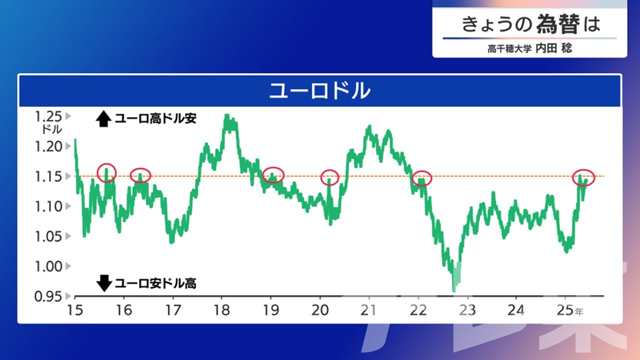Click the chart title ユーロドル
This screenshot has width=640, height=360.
tap(319, 91)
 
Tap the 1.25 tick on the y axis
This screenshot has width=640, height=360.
tap(48, 116)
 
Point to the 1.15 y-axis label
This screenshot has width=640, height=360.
tap(48, 176)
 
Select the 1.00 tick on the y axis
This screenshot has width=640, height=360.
tap(48, 266)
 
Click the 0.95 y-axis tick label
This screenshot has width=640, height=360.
tap(48, 296)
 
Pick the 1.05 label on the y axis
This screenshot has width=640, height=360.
tap(48, 236)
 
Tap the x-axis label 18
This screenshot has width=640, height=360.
tap(221, 310)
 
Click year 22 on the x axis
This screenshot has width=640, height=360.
tap(418, 310)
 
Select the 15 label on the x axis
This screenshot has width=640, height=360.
tap(75, 310)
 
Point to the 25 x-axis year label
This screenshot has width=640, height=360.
tap(565, 310)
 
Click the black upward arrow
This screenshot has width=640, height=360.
tap(103, 118)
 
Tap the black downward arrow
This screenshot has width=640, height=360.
tap(104, 283)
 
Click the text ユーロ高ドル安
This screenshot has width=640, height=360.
tap(155, 118)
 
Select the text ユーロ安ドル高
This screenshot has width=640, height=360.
tap(155, 283)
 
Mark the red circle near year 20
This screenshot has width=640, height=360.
tap(321, 177)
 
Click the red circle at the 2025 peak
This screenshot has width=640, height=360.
tap(573, 177)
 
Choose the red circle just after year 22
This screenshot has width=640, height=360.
tap(413, 178)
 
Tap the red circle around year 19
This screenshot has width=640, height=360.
tap(263, 175)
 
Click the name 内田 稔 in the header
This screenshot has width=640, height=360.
tap(553, 48)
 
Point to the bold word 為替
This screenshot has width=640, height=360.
tap(558, 24)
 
